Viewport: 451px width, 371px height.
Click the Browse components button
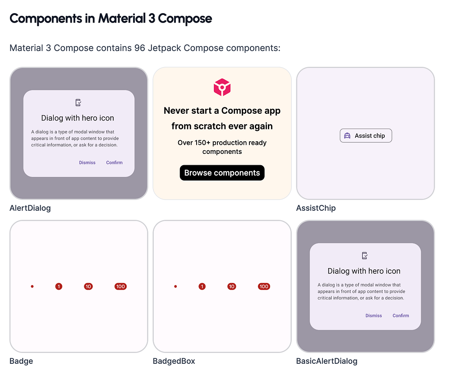pos(222,173)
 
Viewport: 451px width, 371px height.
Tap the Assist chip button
pos(366,135)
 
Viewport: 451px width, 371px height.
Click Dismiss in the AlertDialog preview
pos(87,162)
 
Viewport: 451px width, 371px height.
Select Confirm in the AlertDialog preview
pos(114,162)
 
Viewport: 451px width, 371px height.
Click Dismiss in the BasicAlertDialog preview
pos(373,316)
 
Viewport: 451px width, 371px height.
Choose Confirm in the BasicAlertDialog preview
pos(400,316)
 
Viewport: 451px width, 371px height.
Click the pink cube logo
pos(222,87)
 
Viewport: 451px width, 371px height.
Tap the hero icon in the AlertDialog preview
pos(78,103)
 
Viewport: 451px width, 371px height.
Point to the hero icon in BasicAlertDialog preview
pos(365,256)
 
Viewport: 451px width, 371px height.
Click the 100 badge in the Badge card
pos(120,287)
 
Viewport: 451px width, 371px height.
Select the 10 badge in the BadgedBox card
pos(231,287)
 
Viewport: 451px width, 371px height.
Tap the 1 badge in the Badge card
pos(59,287)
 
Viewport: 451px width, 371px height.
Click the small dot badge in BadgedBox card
pos(175,287)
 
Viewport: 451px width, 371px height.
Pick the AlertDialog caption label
pos(30,208)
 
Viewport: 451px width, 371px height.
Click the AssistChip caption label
pos(316,208)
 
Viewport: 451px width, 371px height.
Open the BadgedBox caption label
pos(174,361)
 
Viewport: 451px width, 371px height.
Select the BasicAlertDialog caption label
pos(327,361)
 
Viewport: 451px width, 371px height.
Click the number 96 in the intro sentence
pos(140,48)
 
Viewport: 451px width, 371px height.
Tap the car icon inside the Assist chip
pos(347,135)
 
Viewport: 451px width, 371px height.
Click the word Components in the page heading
pos(46,19)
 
